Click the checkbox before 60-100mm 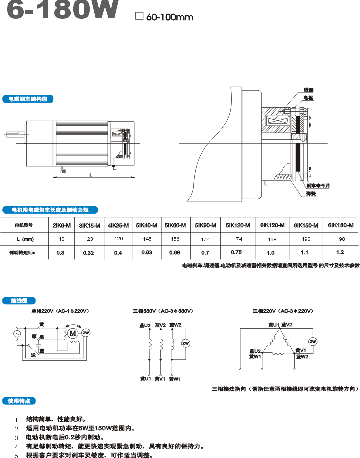(x=139, y=16)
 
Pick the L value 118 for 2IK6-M (x=60, y=239)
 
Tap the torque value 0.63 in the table (x=147, y=252)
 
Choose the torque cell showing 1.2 (x=340, y=252)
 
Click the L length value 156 (x=175, y=239)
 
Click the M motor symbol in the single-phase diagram (x=73, y=333)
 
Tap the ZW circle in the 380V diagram (x=185, y=343)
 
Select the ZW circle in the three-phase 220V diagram (x=313, y=342)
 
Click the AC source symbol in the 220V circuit (x=16, y=333)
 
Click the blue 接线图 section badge (x=19, y=301)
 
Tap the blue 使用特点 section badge (x=19, y=401)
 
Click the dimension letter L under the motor (x=90, y=175)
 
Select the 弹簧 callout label (x=311, y=193)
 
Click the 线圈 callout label (x=308, y=90)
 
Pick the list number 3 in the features (x=16, y=437)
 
